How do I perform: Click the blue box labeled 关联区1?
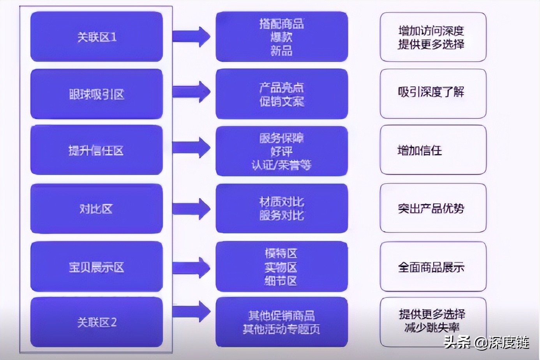[97, 37]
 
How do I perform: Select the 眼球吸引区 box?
[97, 94]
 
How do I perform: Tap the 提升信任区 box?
[97, 150]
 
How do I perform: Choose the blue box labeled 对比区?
[97, 208]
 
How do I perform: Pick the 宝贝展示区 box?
[97, 266]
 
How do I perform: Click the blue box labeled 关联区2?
[97, 322]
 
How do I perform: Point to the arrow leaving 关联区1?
[191, 37]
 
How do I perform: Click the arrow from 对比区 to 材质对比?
[191, 209]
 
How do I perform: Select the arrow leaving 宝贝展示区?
[191, 268]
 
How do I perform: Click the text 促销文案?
[282, 102]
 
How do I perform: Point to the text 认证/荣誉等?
[282, 165]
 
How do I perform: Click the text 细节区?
[281, 281]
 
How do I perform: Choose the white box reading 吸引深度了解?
[433, 94]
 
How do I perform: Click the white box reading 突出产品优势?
[433, 208]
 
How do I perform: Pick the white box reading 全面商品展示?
[433, 266]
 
